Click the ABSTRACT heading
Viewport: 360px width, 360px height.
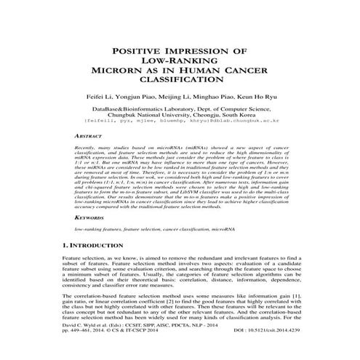(x=88, y=136)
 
